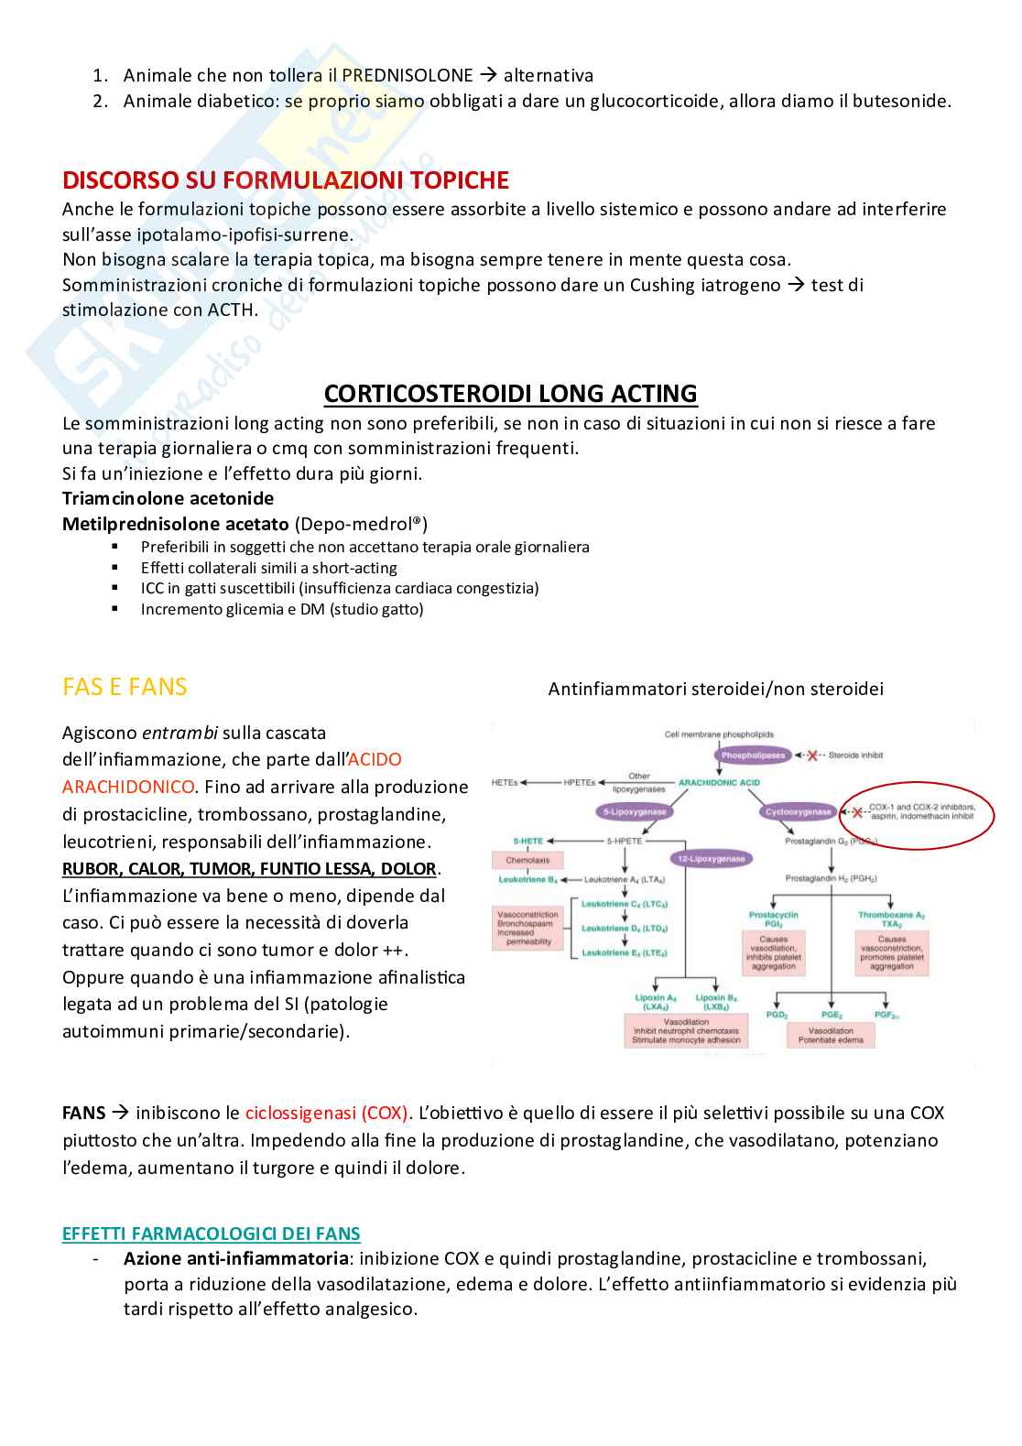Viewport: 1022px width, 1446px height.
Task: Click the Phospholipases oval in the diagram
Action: pos(753,756)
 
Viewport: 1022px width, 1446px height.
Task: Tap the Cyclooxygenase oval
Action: pos(798,811)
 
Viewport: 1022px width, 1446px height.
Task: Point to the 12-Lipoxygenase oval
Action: pos(712,859)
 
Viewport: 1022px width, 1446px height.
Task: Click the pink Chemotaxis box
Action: pos(527,861)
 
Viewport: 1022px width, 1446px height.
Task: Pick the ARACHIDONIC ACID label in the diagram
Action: pos(719,783)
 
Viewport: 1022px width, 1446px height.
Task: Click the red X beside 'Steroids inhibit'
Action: pos(811,756)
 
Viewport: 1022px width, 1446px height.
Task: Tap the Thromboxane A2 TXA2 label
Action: pos(891,919)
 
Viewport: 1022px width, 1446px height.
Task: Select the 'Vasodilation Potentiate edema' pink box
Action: pos(831,1036)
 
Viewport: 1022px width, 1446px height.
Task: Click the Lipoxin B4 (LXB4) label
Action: pos(715,1002)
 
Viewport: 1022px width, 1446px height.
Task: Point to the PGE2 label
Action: pos(832,1015)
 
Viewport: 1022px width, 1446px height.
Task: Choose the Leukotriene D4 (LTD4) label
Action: pos(625,929)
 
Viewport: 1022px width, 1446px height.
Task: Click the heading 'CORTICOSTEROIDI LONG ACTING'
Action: pos(510,394)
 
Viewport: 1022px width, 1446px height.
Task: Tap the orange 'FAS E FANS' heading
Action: pos(125,687)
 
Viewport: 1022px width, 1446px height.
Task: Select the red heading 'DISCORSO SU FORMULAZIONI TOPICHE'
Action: pos(286,180)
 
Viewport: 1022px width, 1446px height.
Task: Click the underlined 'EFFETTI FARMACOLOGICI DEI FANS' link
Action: pos(211,1234)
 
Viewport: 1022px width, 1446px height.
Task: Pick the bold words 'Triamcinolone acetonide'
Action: pos(168,498)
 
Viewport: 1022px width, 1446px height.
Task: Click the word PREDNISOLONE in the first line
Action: pos(408,75)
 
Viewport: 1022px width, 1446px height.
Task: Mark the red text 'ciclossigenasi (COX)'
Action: pos(328,1113)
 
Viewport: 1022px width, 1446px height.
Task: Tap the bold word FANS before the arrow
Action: pos(83,1113)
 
